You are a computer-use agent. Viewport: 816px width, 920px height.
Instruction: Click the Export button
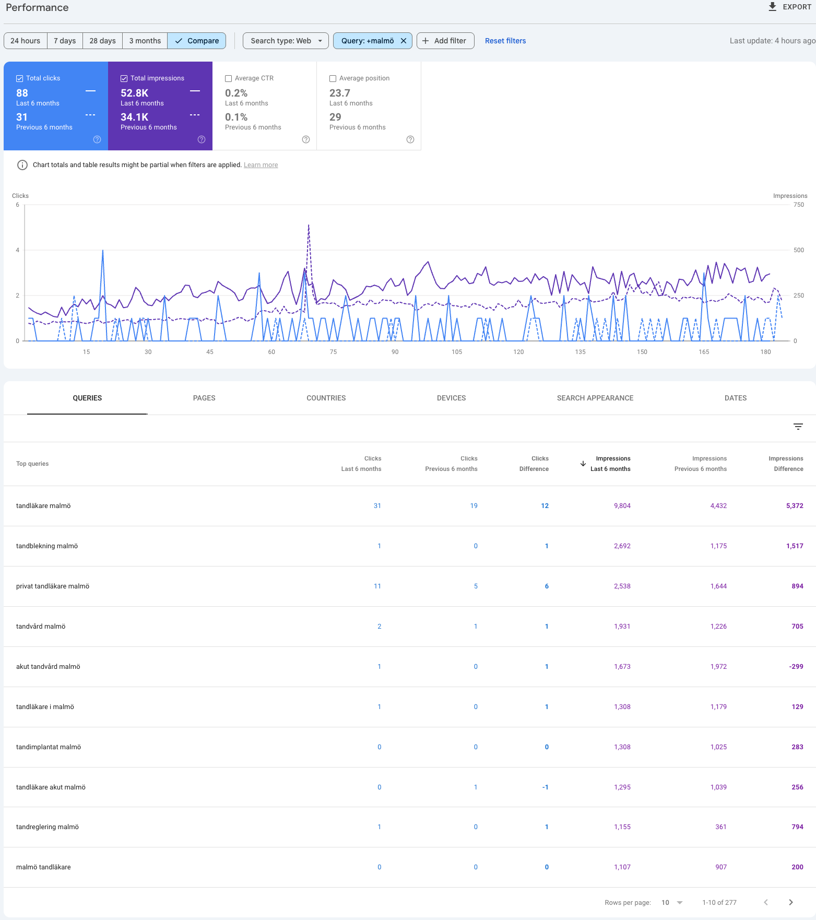point(790,7)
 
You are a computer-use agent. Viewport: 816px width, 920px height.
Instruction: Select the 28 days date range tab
point(102,41)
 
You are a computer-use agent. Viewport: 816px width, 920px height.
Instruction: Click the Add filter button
point(445,41)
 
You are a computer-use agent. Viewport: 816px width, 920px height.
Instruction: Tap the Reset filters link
point(505,41)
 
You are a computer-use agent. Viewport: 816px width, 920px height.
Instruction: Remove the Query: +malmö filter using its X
point(404,41)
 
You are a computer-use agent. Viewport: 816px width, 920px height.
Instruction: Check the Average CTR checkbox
point(229,78)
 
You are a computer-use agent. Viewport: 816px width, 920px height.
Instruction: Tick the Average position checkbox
point(333,78)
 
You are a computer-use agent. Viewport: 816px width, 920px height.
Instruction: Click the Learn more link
point(261,165)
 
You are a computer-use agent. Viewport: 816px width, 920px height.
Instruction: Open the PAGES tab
point(204,398)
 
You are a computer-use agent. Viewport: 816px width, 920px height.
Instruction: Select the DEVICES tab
point(451,398)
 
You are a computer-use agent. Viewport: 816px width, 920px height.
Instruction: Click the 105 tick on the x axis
point(457,352)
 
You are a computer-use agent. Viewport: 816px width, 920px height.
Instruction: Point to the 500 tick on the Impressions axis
point(798,250)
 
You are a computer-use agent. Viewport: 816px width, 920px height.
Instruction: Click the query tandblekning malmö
point(47,546)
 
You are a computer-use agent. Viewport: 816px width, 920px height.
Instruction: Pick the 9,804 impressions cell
point(622,506)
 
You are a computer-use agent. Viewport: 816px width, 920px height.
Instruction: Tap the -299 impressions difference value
point(796,667)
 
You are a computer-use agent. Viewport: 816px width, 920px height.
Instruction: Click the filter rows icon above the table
point(798,427)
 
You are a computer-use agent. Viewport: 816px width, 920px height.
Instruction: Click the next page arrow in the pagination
point(790,902)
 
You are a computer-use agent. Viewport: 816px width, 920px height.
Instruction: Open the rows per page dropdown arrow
point(680,902)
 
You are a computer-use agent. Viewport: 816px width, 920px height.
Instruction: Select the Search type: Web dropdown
point(285,41)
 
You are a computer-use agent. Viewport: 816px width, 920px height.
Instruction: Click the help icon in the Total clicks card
point(97,139)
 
